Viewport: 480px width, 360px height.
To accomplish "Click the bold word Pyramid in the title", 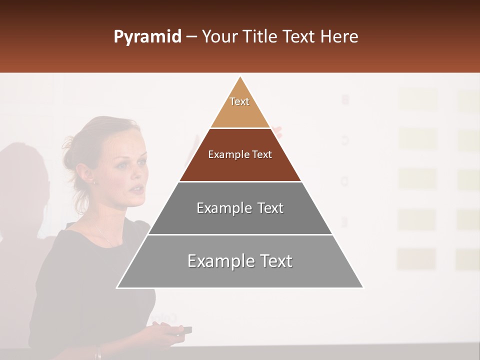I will click(147, 37).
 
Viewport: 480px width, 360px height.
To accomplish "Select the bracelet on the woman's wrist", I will click(98, 353).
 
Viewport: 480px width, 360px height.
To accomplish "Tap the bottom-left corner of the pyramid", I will click(117, 287).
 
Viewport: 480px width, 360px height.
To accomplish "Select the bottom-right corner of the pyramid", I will click(363, 287).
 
